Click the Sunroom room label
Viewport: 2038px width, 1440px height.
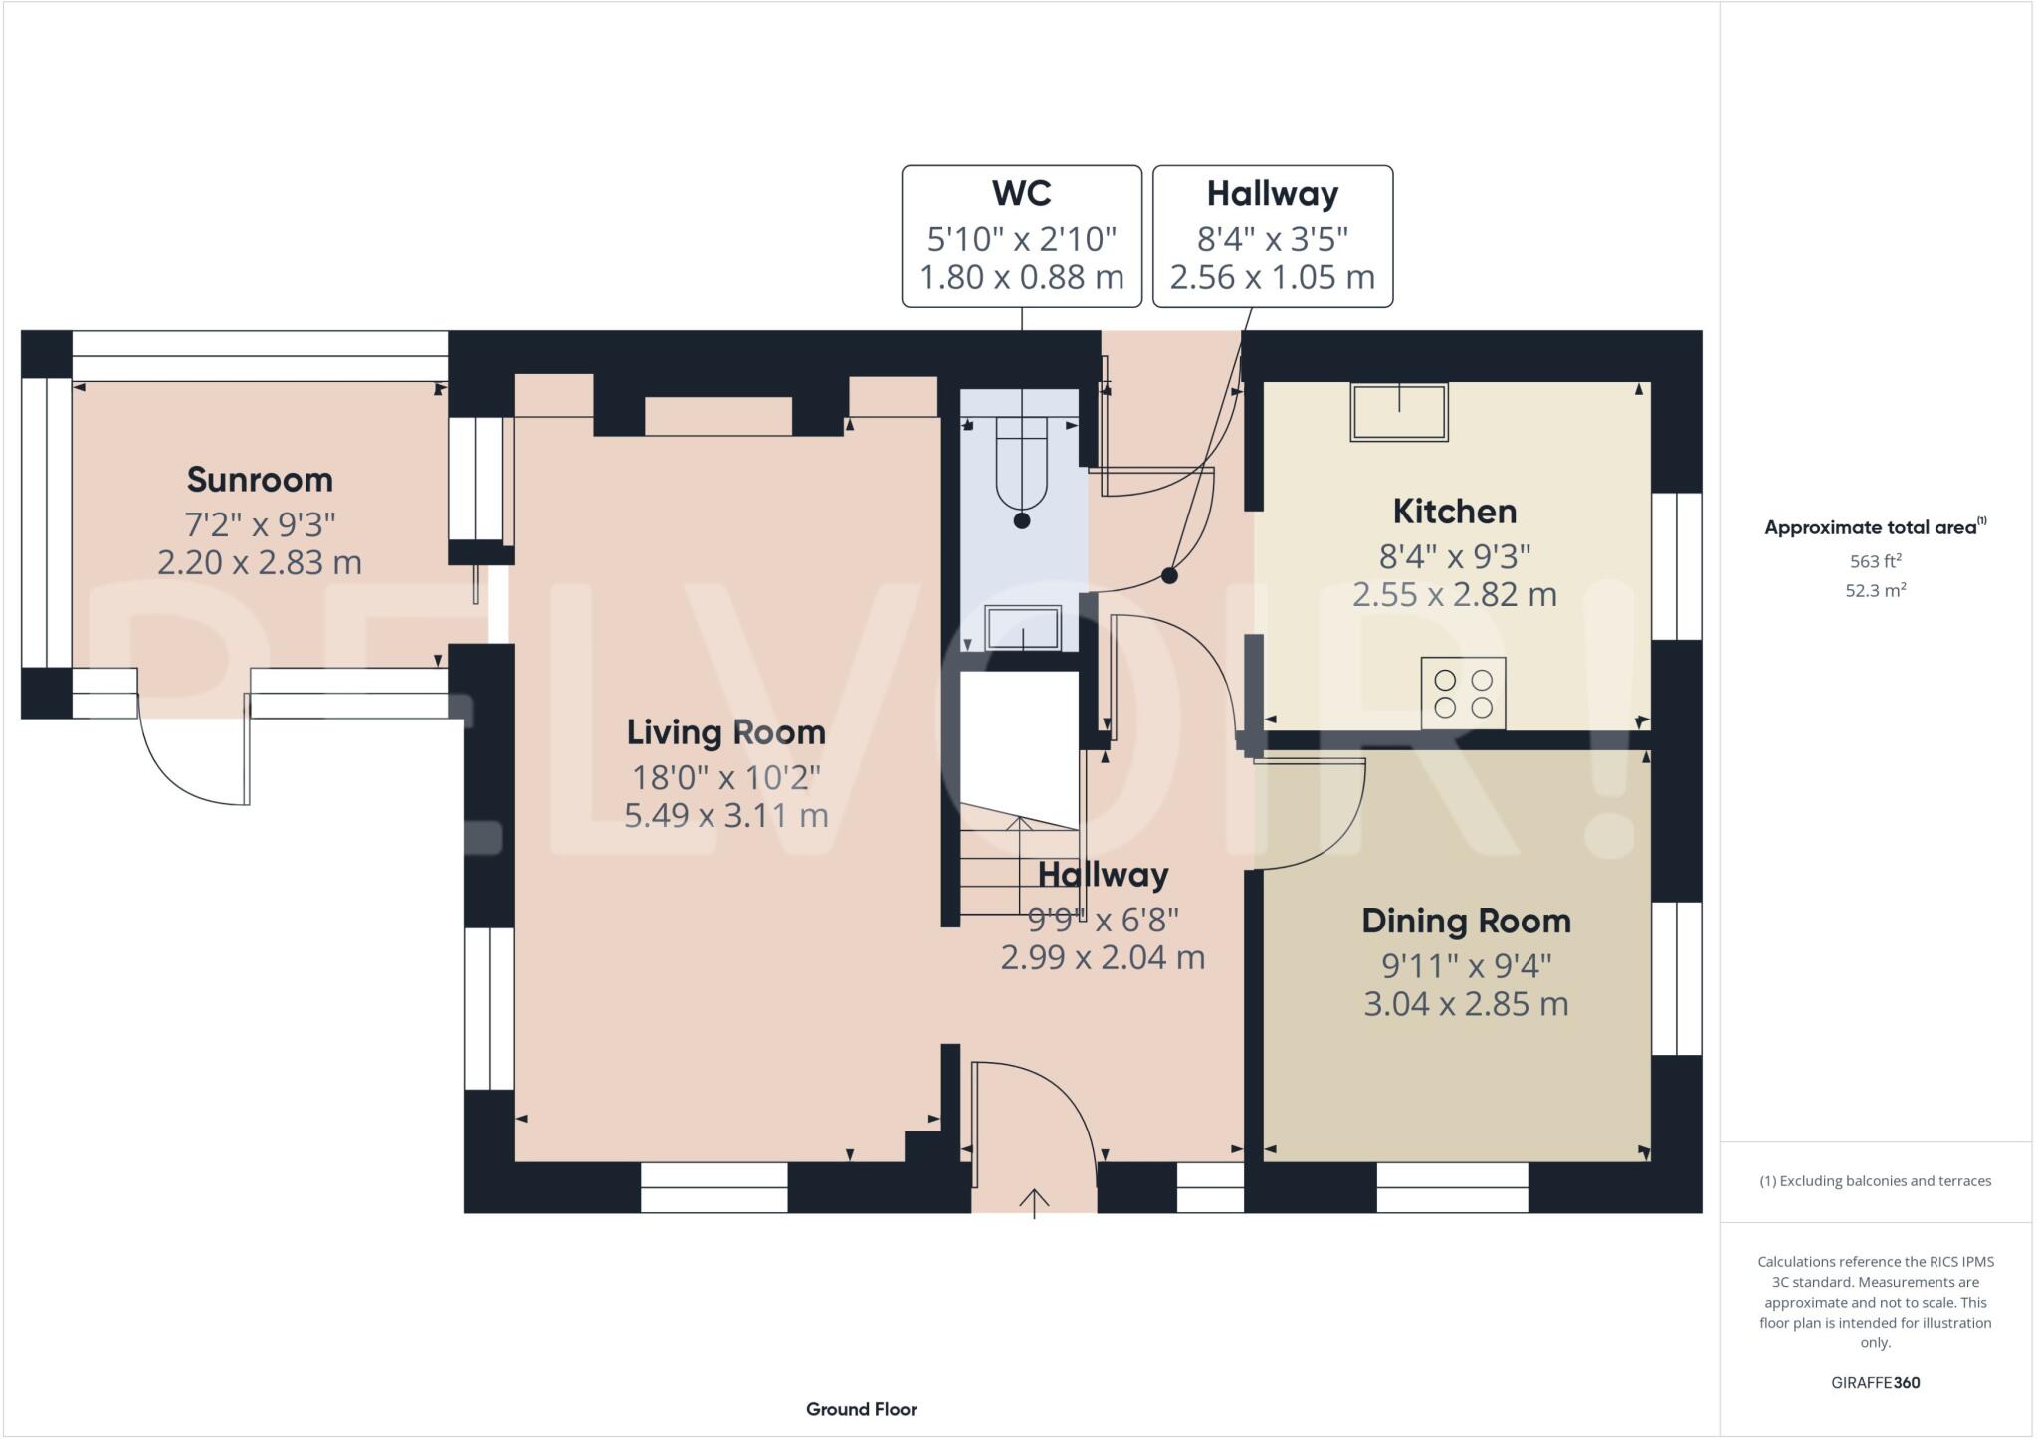pos(260,480)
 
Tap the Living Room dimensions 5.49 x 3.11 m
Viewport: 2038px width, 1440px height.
pos(725,816)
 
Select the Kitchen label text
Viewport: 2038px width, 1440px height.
pos(1454,512)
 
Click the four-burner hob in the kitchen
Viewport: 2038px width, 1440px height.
pos(1463,693)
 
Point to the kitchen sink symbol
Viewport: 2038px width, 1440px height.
pos(1398,412)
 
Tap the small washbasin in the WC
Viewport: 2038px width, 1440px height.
pos(1022,628)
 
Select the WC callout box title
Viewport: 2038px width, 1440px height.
pos(1021,193)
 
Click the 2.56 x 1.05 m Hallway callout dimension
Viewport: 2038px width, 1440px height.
pos(1272,277)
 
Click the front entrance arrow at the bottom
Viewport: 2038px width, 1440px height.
pos(1034,1202)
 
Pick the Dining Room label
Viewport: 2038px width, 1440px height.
pos(1466,921)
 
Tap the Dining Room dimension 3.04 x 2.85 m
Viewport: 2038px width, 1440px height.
pos(1466,1004)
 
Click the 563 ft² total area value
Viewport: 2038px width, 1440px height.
pos(1875,561)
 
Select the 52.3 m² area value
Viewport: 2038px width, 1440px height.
pos(1875,590)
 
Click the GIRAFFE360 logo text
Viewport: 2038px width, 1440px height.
pos(1875,1382)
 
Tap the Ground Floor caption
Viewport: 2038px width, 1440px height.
pos(861,1409)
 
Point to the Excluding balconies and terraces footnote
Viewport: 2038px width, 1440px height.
pos(1875,1181)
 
